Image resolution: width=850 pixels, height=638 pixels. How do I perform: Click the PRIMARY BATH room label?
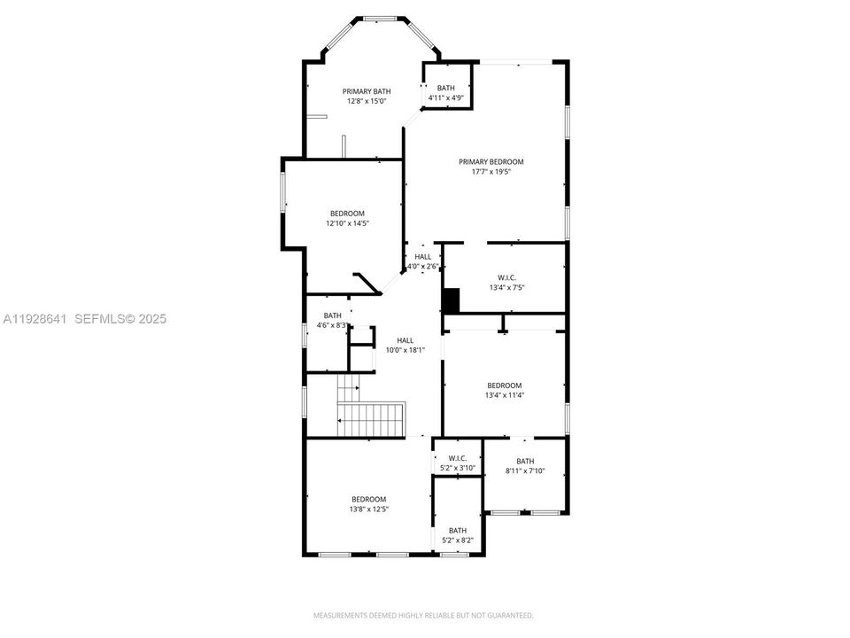pos(367,91)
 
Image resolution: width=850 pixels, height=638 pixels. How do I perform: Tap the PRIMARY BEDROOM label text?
pos(491,161)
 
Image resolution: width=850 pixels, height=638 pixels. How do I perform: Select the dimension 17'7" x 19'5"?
pos(491,171)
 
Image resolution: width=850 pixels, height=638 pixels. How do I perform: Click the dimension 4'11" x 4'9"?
pos(445,97)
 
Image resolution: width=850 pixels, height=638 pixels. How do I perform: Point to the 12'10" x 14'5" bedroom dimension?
pos(347,223)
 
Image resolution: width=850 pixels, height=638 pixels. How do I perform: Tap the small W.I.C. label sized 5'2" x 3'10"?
pos(458,458)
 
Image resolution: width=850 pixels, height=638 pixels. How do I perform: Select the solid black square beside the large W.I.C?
pos(452,300)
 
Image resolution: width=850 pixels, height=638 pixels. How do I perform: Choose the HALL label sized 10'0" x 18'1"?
pos(405,340)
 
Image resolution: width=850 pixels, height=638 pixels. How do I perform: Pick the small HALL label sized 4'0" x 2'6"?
pos(422,256)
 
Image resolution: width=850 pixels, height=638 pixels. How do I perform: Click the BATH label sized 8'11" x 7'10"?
pos(525,461)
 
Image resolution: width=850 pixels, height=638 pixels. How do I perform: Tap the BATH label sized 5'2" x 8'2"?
pos(457,530)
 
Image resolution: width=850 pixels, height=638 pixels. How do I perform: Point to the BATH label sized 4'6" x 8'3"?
pos(332,315)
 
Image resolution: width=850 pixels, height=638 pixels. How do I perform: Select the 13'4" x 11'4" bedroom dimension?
pos(504,395)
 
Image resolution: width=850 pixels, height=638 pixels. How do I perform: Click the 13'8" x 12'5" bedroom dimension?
pos(368,509)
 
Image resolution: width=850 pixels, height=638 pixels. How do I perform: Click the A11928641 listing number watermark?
pos(35,319)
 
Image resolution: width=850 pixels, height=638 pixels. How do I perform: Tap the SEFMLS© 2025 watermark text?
pos(120,319)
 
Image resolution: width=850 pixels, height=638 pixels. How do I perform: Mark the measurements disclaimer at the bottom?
pos(423,615)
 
